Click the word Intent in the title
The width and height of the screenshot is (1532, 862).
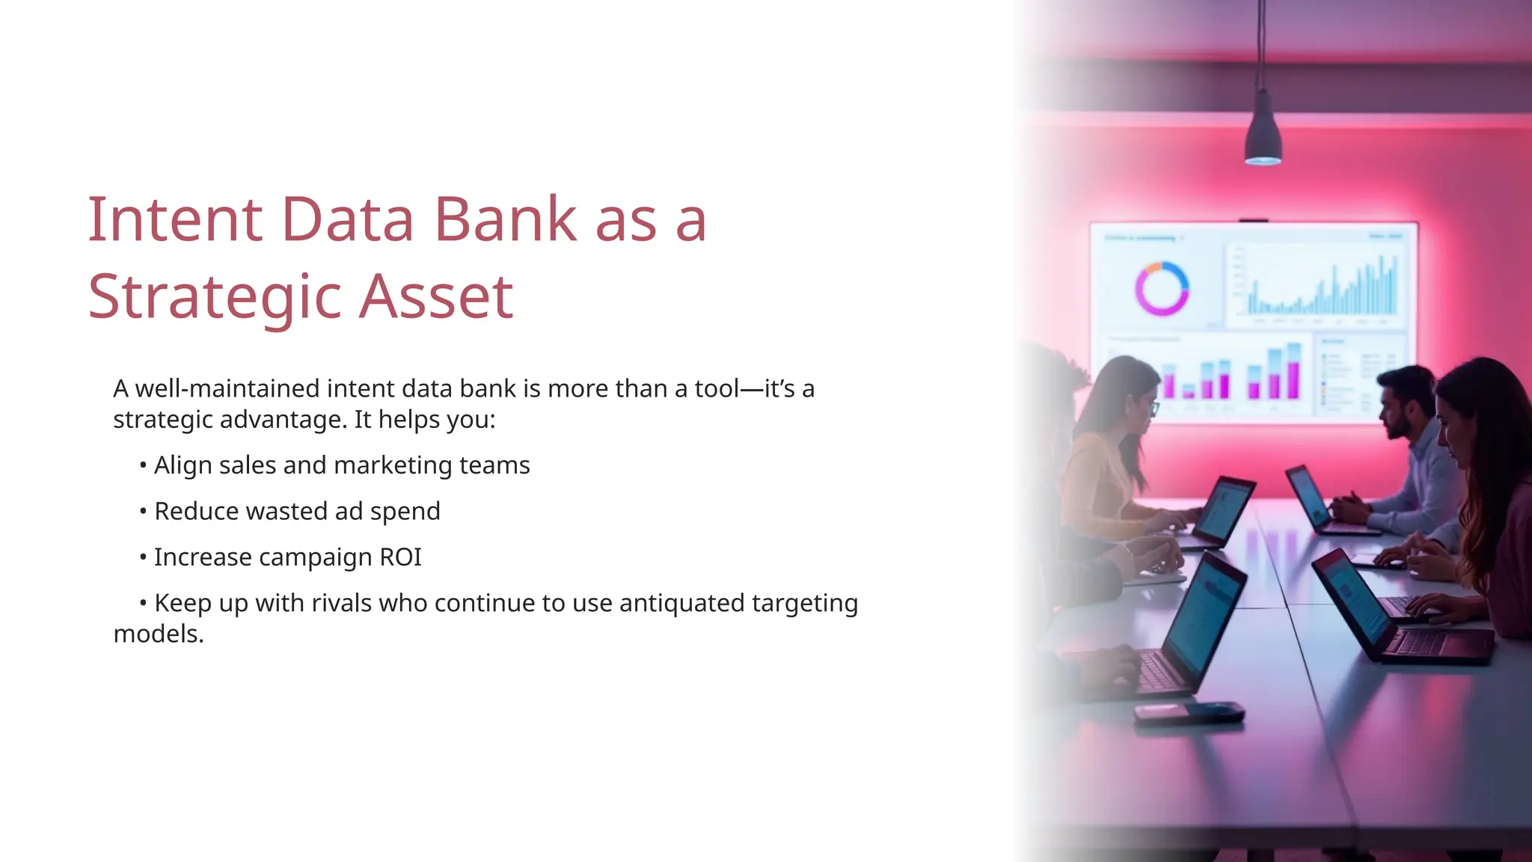tap(175, 219)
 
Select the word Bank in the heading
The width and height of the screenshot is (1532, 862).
tap(506, 219)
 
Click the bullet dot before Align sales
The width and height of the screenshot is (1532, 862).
tap(143, 466)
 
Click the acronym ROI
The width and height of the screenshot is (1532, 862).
tap(400, 557)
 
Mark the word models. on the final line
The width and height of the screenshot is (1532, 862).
tap(159, 635)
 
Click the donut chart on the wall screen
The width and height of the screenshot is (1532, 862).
tap(1162, 289)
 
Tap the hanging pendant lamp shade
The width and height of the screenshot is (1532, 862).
tap(1263, 132)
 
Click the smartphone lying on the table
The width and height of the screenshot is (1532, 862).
tap(1189, 713)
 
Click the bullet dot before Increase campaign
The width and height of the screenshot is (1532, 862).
tap(143, 558)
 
